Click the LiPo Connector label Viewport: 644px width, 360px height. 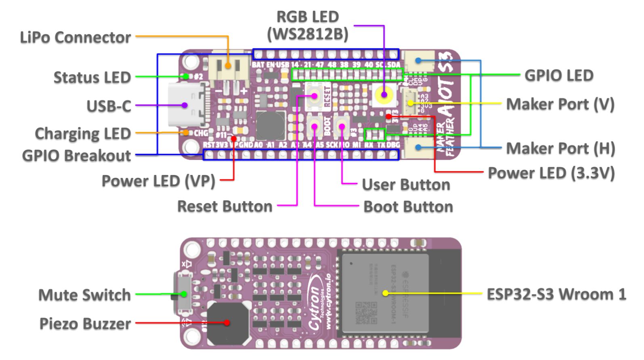point(76,38)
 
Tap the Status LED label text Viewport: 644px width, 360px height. point(92,77)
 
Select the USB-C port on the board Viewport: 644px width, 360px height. point(185,105)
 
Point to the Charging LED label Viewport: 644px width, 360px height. point(83,133)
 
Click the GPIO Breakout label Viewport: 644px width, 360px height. point(76,156)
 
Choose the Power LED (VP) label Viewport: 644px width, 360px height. point(158,181)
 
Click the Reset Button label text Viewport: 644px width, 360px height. point(225,206)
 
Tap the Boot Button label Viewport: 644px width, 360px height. point(408,207)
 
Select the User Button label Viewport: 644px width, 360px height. point(406,185)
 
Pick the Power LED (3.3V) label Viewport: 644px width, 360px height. point(551,173)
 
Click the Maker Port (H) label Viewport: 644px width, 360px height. point(560,148)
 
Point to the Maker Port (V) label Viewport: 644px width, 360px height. point(560,104)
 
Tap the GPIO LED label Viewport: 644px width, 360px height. point(559,76)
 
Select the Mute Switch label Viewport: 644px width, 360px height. point(84,295)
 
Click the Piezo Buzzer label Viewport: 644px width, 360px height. point(85,324)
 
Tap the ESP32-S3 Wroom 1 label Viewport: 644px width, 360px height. point(556,294)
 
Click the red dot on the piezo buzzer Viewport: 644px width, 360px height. point(227,322)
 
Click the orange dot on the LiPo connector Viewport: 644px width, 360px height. point(228,65)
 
